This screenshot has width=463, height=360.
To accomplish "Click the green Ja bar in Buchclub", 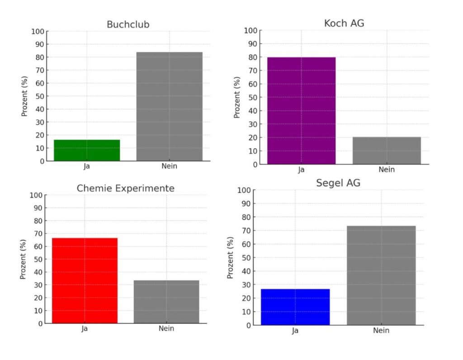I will tap(87, 150).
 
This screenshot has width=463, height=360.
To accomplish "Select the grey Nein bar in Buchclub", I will tap(170, 107).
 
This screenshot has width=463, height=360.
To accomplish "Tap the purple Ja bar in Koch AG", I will tap(302, 111).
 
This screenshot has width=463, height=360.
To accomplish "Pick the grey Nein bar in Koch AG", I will tap(387, 150).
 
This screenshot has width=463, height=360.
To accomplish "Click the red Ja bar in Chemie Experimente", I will tap(85, 281).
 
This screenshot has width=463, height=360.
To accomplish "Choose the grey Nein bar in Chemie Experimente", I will tap(166, 302).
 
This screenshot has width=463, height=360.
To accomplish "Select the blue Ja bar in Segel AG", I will tap(295, 307).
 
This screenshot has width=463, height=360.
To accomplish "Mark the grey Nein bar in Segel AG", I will tap(381, 276).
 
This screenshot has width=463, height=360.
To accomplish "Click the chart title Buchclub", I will tap(128, 24).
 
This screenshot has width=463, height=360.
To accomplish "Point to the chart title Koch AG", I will tap(344, 23).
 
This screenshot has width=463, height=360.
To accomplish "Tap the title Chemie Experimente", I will tap(125, 188).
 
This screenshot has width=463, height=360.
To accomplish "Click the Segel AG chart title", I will tap(338, 183).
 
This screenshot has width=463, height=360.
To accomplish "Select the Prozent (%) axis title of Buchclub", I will tap(25, 96).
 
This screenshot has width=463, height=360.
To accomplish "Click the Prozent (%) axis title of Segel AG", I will tap(230, 257).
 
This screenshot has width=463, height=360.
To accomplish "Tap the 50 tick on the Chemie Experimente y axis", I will tap(37, 259).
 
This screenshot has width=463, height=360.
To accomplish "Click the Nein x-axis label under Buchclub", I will tap(170, 166).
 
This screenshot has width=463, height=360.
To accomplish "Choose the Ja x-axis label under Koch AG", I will tap(302, 170).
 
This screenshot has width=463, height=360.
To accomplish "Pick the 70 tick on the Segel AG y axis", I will tap(246, 231).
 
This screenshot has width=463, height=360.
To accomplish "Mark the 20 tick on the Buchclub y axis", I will tap(40, 135).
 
